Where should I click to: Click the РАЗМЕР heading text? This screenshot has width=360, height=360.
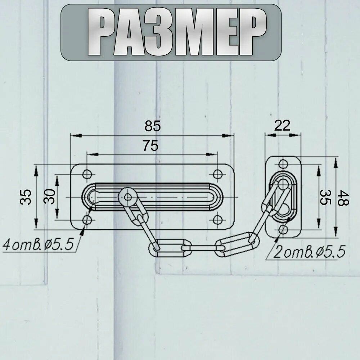point(176,32)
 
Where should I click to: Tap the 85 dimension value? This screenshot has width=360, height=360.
point(153,126)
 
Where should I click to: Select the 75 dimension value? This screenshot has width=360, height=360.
point(150,145)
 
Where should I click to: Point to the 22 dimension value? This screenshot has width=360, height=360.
point(282,125)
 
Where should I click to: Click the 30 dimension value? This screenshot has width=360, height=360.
point(50,197)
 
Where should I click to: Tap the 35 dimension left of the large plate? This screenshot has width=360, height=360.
point(26,197)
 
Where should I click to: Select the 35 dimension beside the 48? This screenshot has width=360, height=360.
point(325,197)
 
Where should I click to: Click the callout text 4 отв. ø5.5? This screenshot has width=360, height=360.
point(39,244)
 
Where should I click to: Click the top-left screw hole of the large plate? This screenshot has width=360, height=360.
point(87,174)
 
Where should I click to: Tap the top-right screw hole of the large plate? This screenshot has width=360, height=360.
point(217,174)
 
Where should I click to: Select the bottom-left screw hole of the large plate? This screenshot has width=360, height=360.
point(87,220)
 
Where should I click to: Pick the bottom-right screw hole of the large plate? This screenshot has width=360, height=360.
point(217,220)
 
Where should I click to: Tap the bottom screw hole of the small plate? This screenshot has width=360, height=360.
point(283,229)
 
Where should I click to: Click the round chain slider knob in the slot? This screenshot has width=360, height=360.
point(128,197)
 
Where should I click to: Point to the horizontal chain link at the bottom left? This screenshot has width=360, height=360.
point(170,248)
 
